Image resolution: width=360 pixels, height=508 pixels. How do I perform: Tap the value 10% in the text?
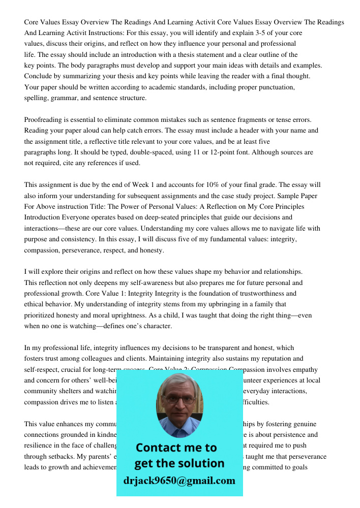coord(224,185)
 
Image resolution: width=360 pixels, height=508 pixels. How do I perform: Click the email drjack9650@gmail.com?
coord(179,481)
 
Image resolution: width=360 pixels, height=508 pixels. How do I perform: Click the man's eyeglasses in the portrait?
coord(179,400)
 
